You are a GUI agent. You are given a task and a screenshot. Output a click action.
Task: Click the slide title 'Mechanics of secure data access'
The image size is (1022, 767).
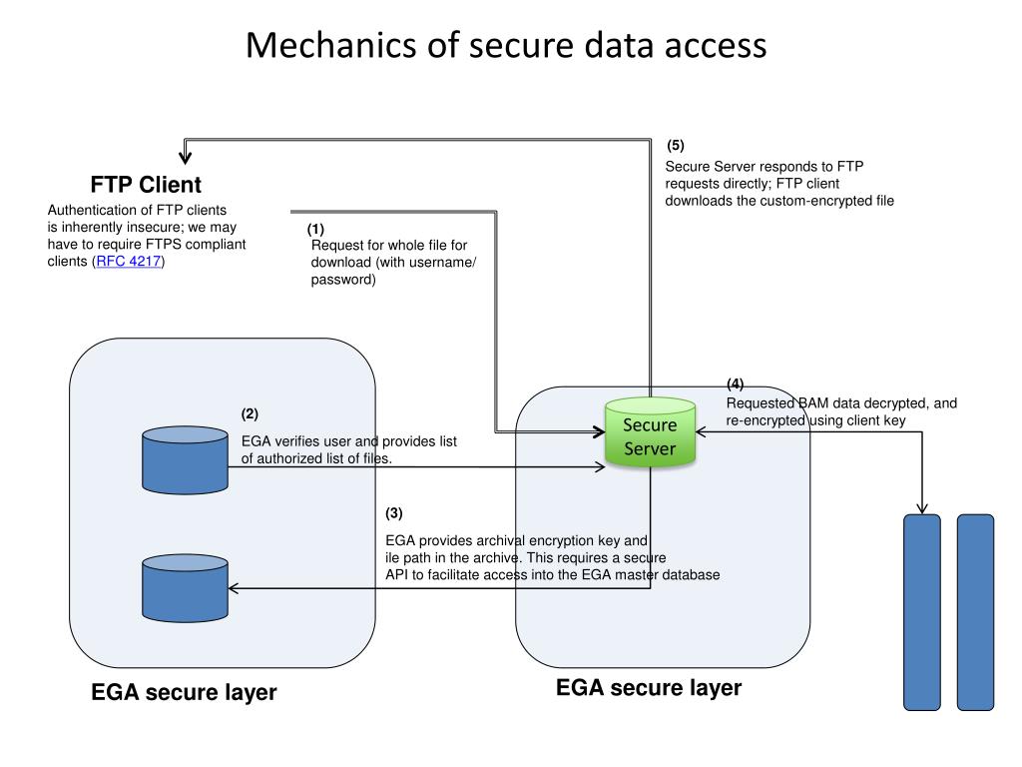(x=507, y=46)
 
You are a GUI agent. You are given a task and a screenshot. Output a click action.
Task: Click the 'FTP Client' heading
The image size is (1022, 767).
(x=146, y=185)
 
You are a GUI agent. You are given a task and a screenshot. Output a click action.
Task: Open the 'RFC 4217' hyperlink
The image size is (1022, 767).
(x=129, y=262)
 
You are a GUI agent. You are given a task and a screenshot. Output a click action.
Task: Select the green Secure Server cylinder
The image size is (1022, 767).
(x=650, y=436)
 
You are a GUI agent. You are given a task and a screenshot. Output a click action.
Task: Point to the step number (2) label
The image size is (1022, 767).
(x=250, y=414)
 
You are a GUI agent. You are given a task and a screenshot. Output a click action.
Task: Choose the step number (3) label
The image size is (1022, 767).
(x=394, y=513)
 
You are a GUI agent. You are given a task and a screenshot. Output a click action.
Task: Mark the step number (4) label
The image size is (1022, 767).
(x=735, y=384)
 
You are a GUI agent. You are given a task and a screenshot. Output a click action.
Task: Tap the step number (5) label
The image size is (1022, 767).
(x=676, y=146)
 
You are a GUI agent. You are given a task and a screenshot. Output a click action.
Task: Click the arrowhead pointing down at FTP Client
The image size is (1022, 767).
(x=186, y=155)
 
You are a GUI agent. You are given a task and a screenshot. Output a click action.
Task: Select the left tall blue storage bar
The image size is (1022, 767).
(x=921, y=611)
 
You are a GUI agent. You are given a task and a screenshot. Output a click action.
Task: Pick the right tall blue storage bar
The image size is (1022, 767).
(x=975, y=611)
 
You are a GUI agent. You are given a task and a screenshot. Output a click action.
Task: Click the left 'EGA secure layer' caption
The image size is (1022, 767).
(x=184, y=692)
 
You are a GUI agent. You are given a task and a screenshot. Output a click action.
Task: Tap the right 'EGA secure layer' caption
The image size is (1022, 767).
(x=649, y=688)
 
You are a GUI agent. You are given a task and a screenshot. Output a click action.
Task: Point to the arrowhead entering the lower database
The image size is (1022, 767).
(x=235, y=588)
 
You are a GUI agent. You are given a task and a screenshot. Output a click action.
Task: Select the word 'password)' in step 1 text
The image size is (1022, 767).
(x=343, y=281)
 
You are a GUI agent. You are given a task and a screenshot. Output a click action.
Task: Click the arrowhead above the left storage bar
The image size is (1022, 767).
(x=920, y=506)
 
